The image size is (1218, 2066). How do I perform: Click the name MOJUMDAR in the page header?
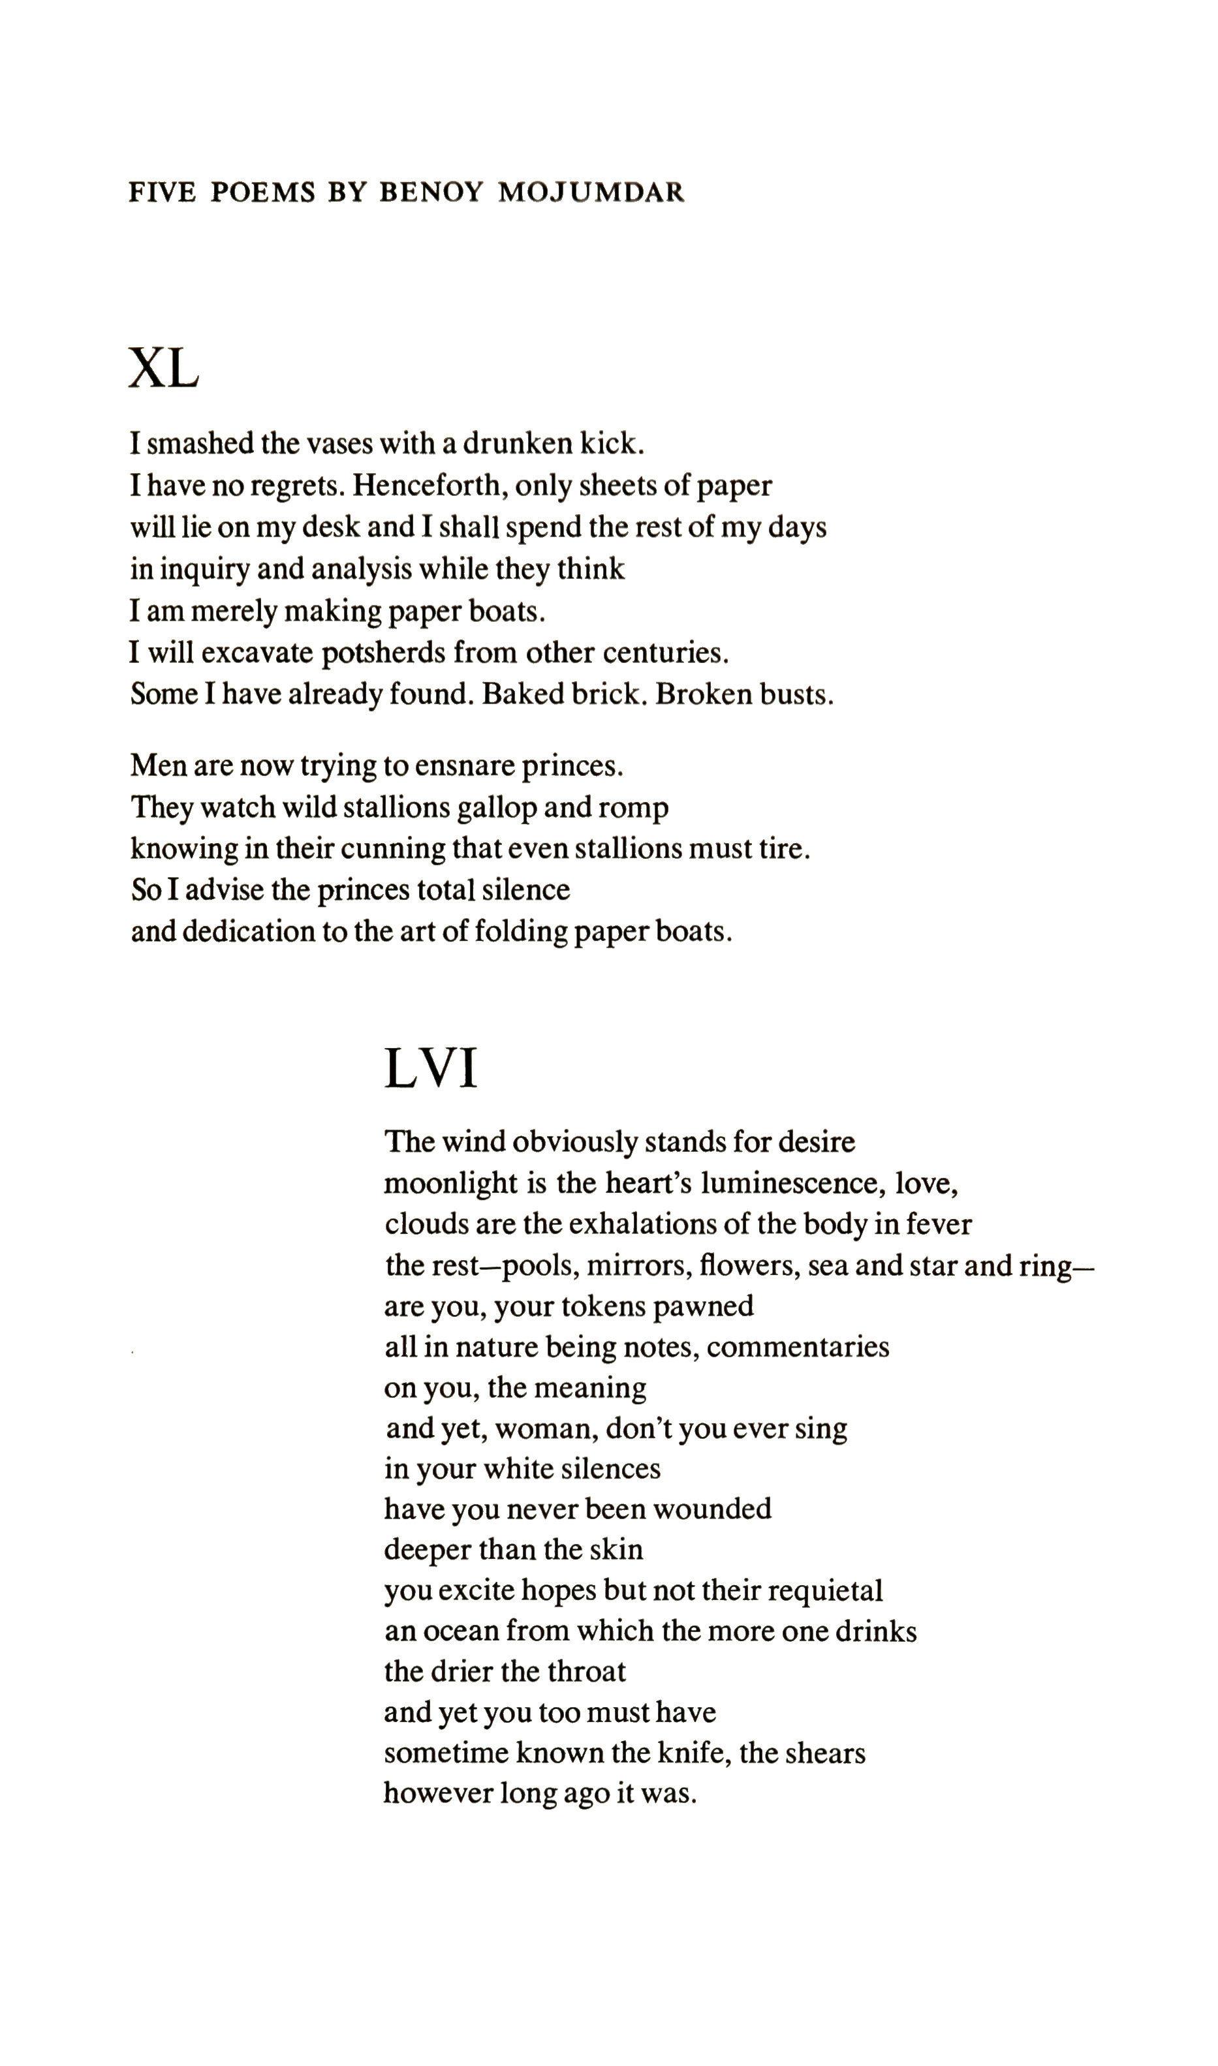pos(591,192)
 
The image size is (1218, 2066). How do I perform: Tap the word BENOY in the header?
pos(429,192)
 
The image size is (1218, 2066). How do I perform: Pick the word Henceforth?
pos(428,485)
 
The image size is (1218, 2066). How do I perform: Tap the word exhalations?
pos(640,1224)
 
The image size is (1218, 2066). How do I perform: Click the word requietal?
pos(826,1590)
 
